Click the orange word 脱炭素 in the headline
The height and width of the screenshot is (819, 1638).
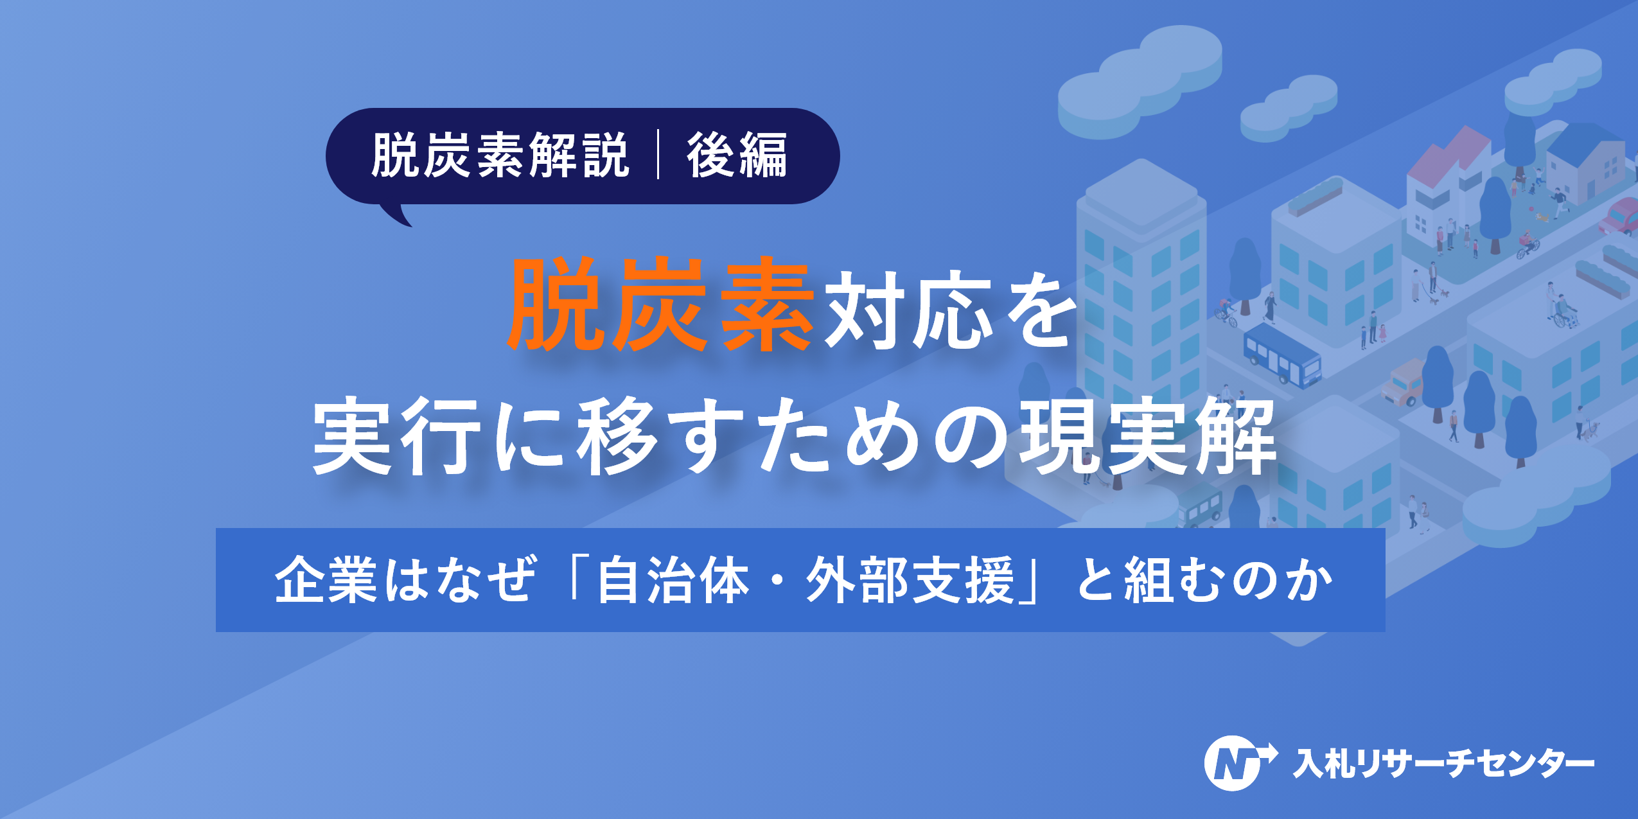pos(660,304)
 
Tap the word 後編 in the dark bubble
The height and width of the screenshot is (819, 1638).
pos(737,155)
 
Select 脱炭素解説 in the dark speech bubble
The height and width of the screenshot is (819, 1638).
pos(500,155)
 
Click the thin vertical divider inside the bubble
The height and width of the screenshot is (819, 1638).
pos(658,155)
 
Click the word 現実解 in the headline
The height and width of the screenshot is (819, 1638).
pos(1147,437)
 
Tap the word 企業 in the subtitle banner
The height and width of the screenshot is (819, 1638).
pos(325,580)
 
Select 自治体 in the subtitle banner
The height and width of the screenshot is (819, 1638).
pos(673,580)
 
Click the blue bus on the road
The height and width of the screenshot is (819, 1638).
pos(1281,355)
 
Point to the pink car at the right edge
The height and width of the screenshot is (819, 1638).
pos(1622,216)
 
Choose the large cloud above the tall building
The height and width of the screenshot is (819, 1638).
pos(1140,80)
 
